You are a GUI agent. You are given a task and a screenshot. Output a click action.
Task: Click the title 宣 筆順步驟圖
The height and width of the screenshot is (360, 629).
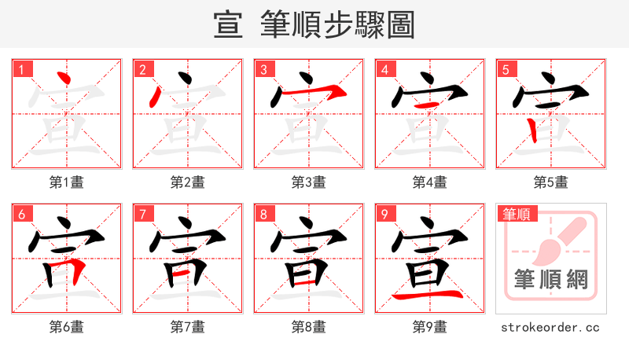pos(314,25)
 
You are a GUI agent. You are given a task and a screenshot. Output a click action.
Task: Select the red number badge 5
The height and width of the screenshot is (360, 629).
pos(507,69)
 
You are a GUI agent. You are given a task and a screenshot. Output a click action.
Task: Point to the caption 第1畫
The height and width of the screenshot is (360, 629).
pos(66,182)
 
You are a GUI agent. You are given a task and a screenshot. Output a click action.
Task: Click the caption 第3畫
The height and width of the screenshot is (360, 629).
pos(308,182)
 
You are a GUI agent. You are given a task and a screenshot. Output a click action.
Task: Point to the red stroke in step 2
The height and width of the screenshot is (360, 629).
pos(156,97)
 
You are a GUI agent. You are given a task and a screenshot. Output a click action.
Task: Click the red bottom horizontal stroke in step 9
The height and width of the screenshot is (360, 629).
pos(429,296)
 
